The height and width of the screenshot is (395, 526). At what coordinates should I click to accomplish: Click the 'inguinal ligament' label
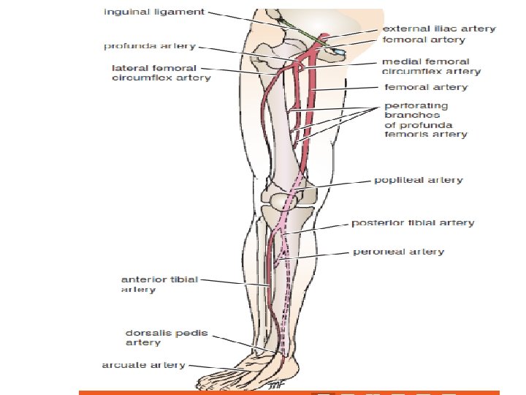(153, 12)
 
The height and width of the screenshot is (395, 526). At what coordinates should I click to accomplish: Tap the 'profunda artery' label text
(149, 46)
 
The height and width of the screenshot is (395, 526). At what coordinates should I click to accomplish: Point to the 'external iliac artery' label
(439, 29)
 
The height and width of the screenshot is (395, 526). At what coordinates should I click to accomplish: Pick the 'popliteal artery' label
(418, 180)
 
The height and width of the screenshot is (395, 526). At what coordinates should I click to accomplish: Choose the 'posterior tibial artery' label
(413, 223)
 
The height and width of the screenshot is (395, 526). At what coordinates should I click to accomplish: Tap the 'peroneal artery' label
(398, 252)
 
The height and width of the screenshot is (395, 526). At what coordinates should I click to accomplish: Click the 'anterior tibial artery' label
(159, 285)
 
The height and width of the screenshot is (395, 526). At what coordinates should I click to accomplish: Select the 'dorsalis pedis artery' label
(167, 337)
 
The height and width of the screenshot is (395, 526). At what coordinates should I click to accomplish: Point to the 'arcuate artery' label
(143, 365)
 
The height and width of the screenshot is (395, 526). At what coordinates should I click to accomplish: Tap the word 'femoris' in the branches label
(402, 135)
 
